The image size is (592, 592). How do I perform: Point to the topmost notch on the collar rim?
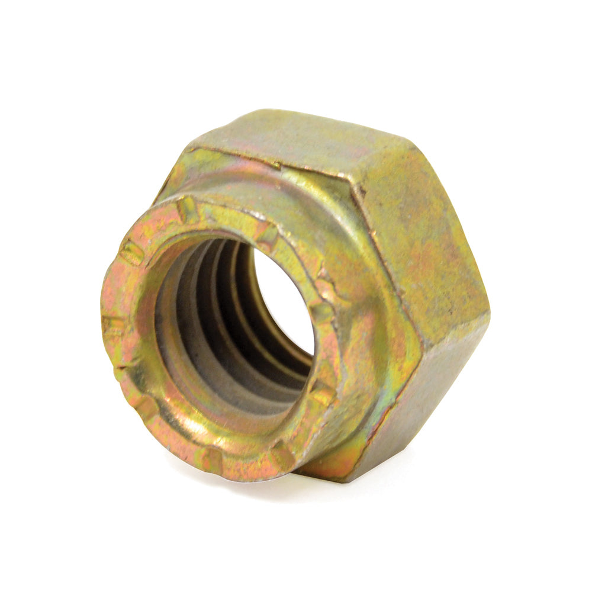(x=188, y=208)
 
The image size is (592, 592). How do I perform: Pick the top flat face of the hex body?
(x=296, y=139)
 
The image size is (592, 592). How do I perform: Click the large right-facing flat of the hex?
(x=420, y=249)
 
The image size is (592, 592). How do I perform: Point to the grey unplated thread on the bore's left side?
(x=172, y=332)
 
